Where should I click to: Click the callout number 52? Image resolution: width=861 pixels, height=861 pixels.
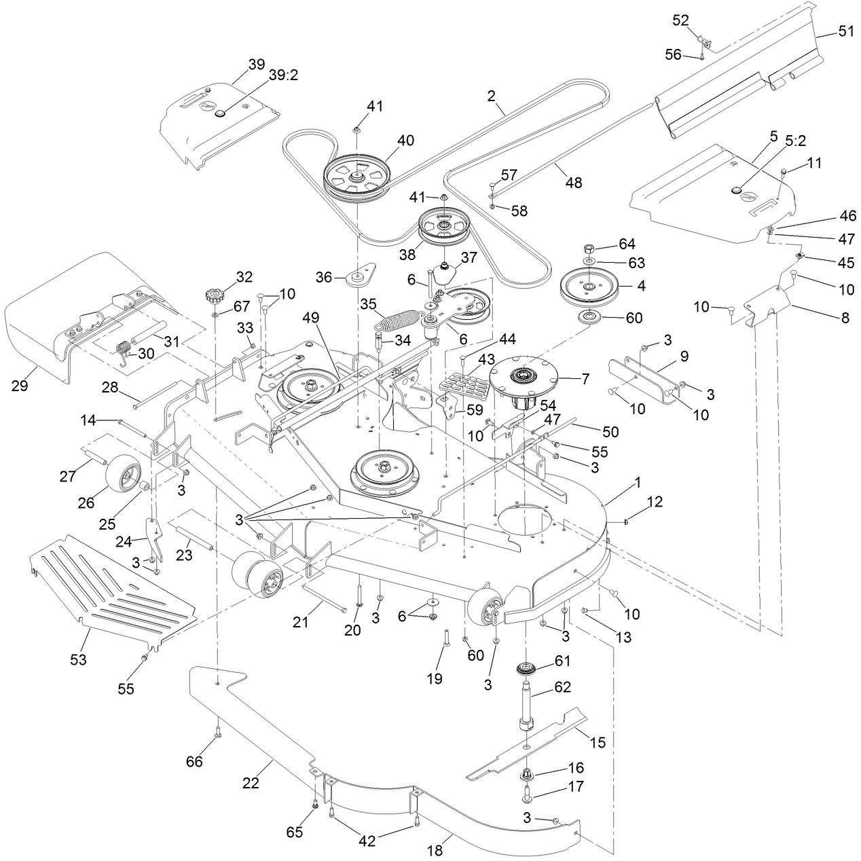coord(680,20)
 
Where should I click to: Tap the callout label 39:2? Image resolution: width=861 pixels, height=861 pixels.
coord(283,75)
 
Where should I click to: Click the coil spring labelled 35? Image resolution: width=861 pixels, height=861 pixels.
coord(397,320)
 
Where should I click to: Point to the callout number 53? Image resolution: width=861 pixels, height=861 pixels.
coord(79,659)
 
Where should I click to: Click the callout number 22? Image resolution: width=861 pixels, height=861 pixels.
coord(251,796)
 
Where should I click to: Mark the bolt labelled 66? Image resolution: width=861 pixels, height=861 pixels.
coord(217,732)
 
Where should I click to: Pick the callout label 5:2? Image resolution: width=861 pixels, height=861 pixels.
coord(796,141)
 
